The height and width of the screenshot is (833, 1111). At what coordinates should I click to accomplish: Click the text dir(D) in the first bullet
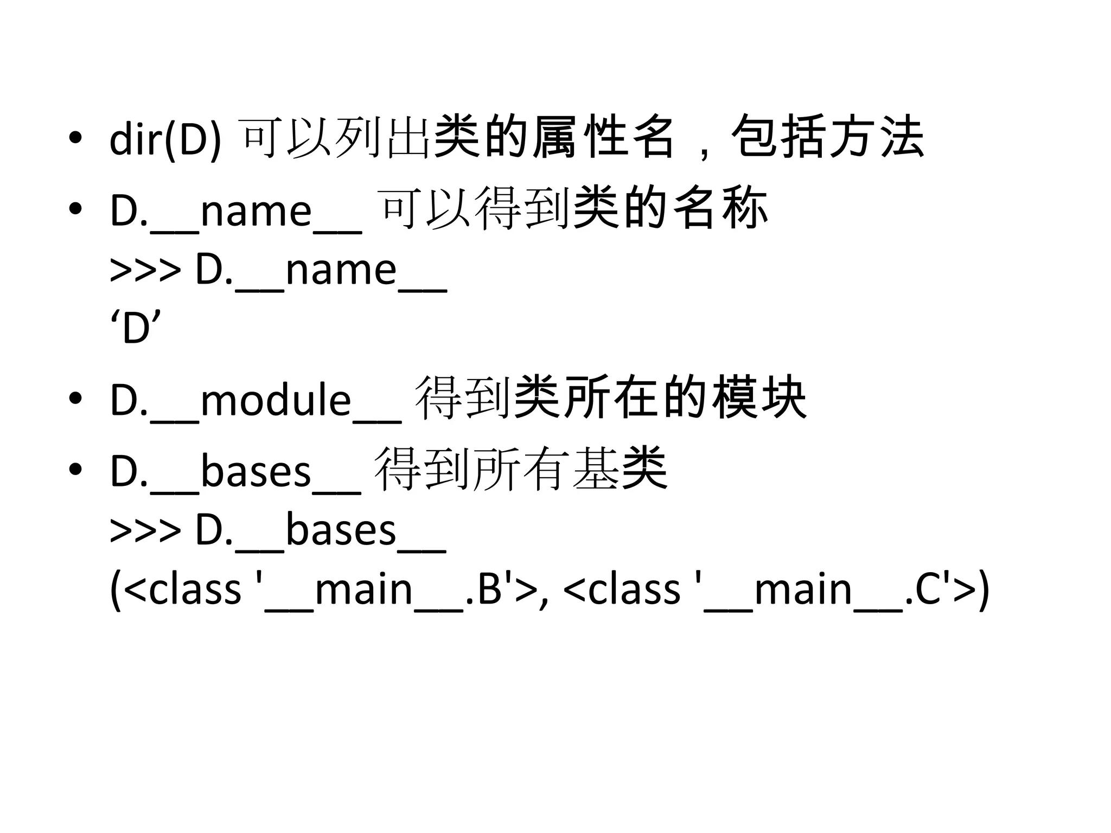(x=165, y=140)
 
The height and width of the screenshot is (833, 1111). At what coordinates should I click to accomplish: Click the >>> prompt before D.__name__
(x=145, y=270)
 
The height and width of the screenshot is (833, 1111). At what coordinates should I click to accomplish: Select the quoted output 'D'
(x=136, y=328)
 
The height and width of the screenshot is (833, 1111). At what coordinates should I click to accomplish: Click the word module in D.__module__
(x=276, y=400)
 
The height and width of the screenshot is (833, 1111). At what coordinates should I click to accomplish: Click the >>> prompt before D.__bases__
(x=145, y=530)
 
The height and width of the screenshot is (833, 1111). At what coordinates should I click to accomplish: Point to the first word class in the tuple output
(x=194, y=589)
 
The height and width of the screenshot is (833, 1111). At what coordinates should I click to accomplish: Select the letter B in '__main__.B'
(x=490, y=589)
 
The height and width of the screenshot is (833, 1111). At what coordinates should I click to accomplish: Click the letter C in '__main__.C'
(x=928, y=589)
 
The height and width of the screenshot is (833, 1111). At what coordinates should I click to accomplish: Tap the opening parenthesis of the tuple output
(x=115, y=591)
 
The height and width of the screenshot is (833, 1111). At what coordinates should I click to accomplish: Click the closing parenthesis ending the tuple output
(x=984, y=591)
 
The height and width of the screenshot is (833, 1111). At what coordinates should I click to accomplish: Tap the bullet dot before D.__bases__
(x=75, y=469)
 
